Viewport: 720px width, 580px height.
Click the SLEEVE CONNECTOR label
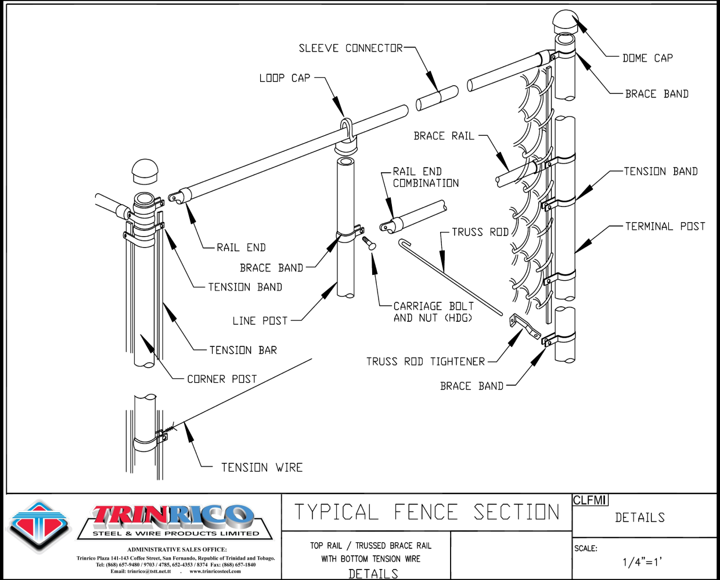[350, 48]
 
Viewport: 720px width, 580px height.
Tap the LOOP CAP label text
[285, 78]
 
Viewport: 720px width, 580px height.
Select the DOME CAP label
[647, 58]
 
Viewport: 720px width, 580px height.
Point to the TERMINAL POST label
[665, 226]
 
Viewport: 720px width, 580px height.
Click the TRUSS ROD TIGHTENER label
[425, 361]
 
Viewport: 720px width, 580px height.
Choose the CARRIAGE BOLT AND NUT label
[433, 312]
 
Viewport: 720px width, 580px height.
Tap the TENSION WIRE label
[262, 467]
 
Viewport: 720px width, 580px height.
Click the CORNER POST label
[222, 379]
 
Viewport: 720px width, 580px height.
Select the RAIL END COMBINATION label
[426, 177]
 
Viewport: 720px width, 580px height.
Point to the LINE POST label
[260, 321]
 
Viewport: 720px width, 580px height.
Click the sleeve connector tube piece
[437, 99]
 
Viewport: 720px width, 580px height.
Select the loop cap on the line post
[346, 131]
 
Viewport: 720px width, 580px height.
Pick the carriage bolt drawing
[369, 243]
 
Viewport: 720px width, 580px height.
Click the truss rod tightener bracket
[525, 326]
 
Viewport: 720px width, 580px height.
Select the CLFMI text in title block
[590, 500]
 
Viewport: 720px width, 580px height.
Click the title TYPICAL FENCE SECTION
[427, 512]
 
